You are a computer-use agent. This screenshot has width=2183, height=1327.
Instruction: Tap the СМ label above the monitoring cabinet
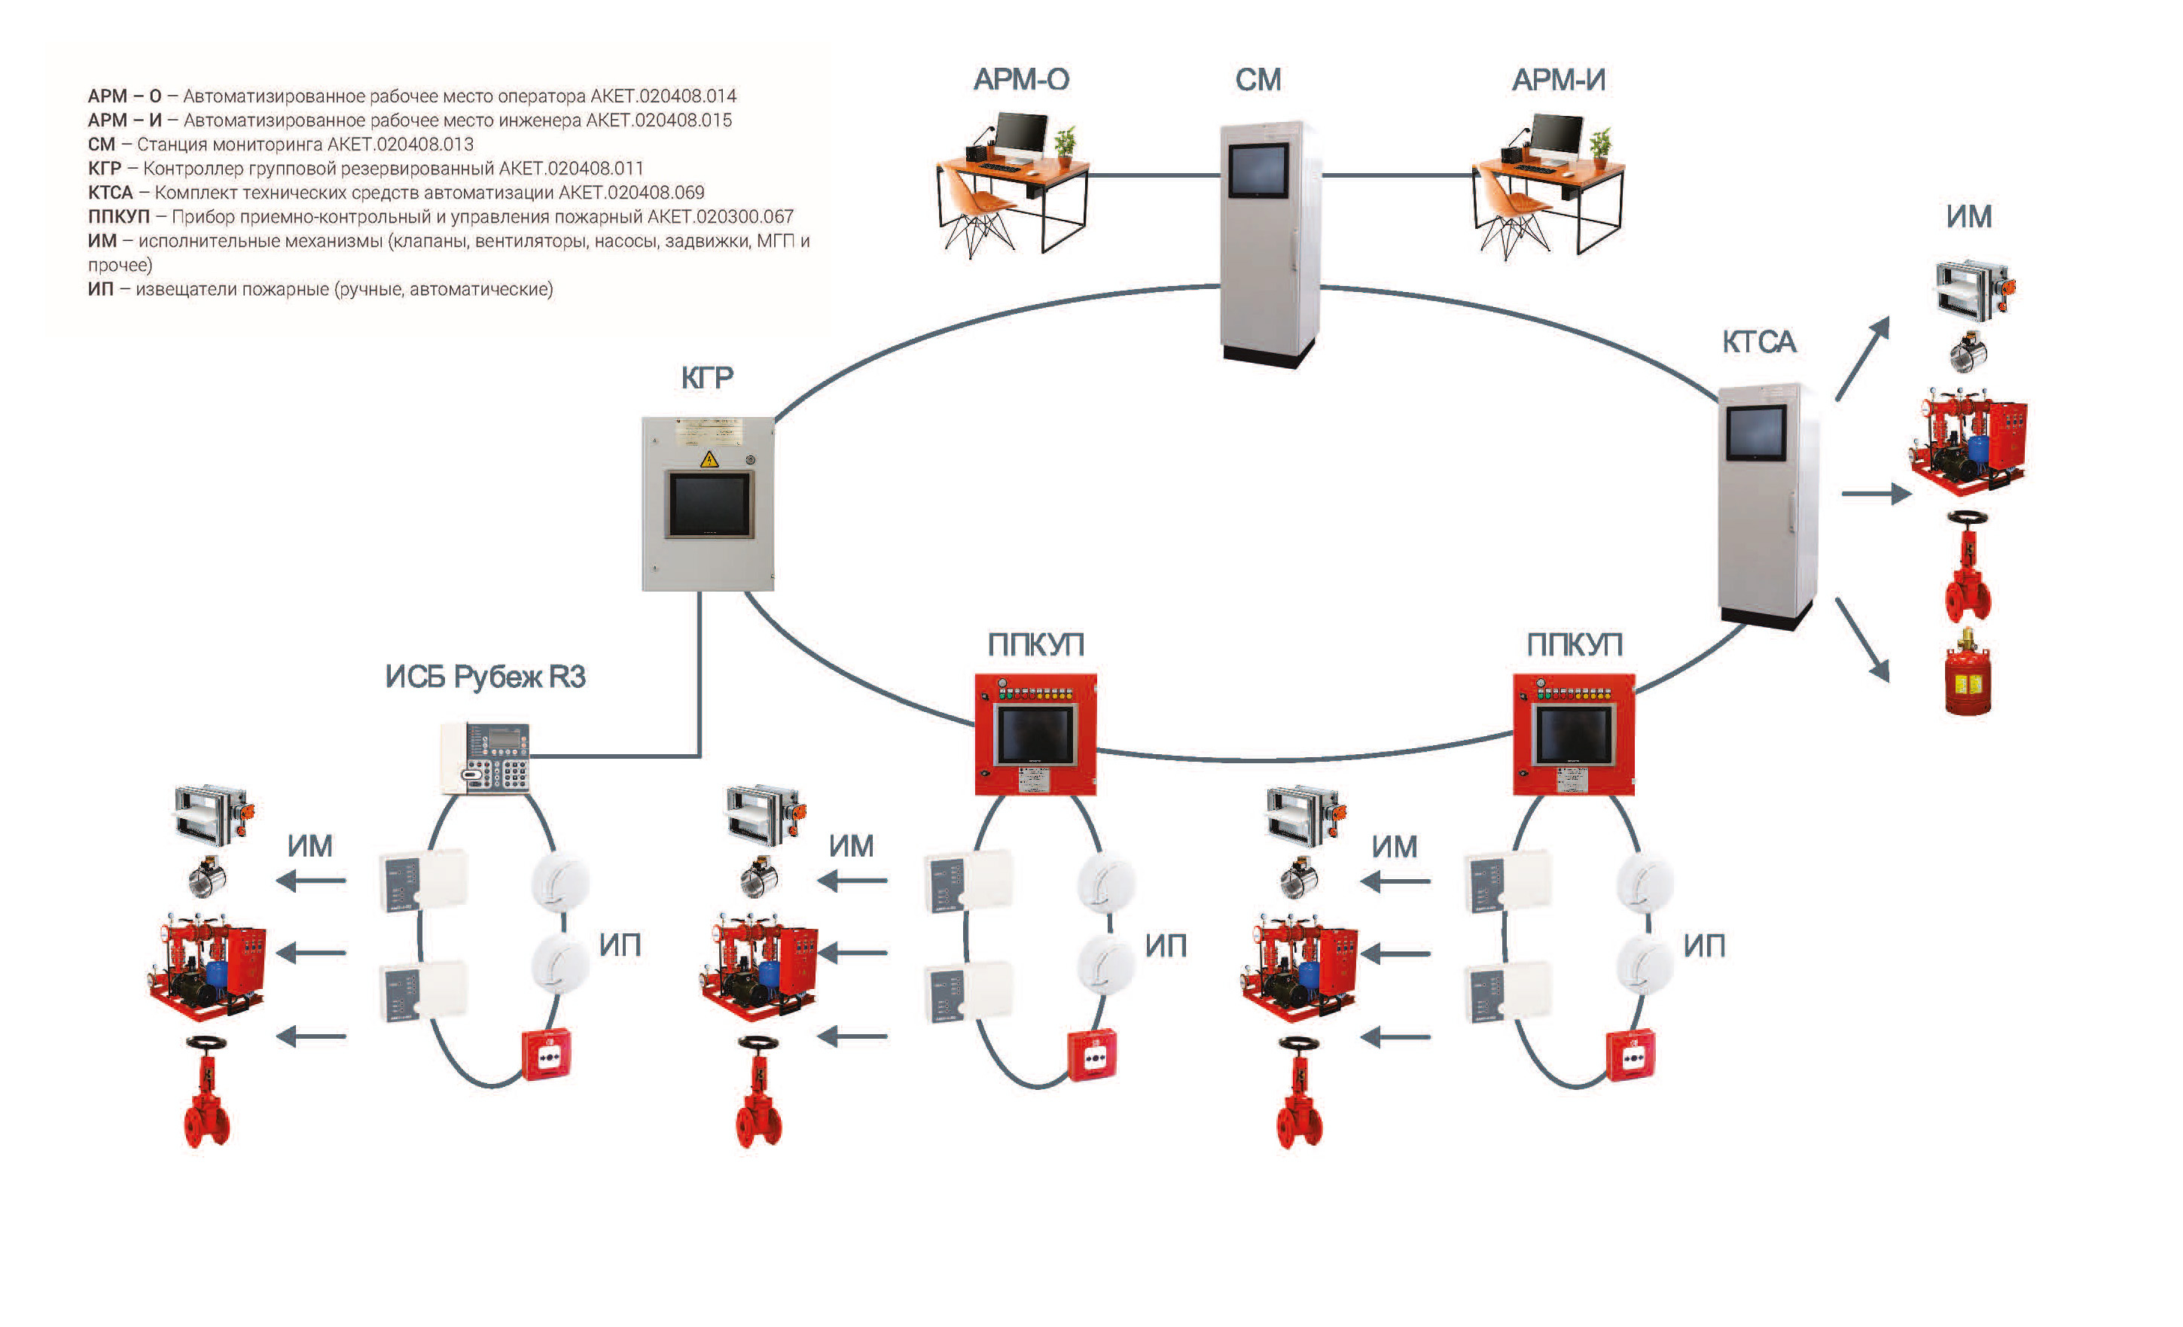pyautogui.click(x=1258, y=80)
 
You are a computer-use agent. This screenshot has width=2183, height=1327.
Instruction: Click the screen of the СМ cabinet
pyautogui.click(x=1258, y=170)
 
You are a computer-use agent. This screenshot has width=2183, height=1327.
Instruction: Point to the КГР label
pyautogui.click(x=707, y=379)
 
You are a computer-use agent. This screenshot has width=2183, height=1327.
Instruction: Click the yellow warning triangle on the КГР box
pyautogui.click(x=709, y=459)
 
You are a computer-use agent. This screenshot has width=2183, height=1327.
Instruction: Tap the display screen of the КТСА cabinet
pyautogui.click(x=1756, y=431)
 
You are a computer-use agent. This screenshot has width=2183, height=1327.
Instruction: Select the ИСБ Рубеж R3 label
pyautogui.click(x=486, y=677)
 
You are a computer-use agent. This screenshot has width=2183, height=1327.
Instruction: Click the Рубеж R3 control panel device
pyautogui.click(x=486, y=757)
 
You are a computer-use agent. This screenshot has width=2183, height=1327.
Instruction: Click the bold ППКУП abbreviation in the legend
pyautogui.click(x=119, y=217)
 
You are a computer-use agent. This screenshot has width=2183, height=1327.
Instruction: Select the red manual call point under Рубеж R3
pyautogui.click(x=547, y=1055)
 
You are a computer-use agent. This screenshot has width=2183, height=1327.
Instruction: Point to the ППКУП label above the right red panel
pyautogui.click(x=1574, y=645)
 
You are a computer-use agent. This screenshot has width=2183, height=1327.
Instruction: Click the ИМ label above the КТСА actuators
pyautogui.click(x=1968, y=217)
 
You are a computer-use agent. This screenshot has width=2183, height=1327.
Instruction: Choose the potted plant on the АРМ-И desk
pyautogui.click(x=1600, y=145)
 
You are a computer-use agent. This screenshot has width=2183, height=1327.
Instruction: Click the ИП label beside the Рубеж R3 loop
pyautogui.click(x=619, y=945)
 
